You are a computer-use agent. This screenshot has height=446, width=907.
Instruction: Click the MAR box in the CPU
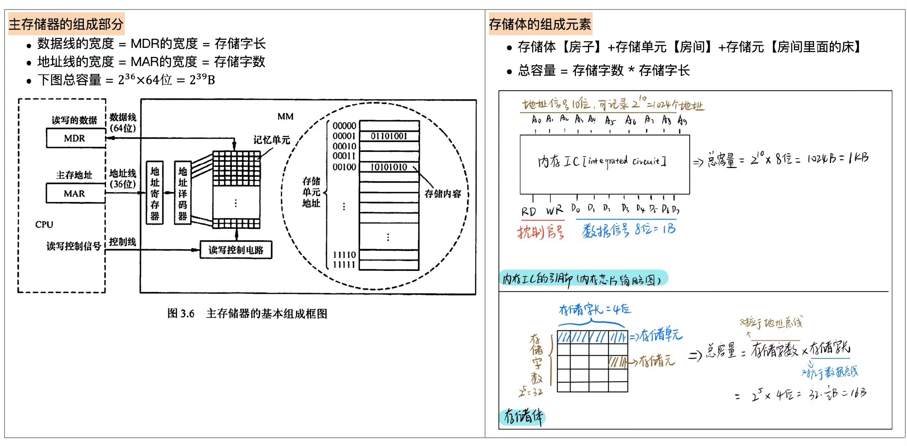(x=75, y=194)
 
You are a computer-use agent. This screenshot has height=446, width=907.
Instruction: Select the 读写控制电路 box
(x=236, y=250)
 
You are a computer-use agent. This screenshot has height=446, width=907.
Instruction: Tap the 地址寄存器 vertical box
(x=155, y=193)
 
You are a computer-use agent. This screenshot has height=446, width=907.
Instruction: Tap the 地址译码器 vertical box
(x=182, y=193)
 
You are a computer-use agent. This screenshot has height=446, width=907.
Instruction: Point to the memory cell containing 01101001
(x=389, y=136)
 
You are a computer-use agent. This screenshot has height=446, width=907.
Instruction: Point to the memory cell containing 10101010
(x=389, y=167)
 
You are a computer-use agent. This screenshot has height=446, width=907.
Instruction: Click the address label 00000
(x=344, y=126)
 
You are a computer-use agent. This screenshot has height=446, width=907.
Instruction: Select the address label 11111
(x=344, y=265)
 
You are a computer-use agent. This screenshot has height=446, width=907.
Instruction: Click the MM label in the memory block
(x=285, y=116)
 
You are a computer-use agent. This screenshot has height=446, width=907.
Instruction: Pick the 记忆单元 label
(x=272, y=140)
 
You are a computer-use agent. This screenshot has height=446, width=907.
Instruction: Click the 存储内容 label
(x=443, y=194)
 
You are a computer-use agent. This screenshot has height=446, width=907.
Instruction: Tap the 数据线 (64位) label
(x=123, y=123)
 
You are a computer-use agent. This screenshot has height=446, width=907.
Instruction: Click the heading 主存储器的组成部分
(x=66, y=24)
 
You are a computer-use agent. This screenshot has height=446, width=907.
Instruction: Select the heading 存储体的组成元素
(x=540, y=24)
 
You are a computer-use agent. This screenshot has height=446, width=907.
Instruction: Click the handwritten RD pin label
(x=528, y=212)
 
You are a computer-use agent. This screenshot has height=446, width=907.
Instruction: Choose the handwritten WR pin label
(x=554, y=211)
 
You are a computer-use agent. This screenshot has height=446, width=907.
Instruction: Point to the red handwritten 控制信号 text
(x=540, y=232)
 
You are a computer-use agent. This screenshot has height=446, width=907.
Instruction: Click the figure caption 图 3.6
(x=180, y=313)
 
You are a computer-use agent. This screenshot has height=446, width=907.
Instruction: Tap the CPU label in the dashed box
(x=44, y=225)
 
